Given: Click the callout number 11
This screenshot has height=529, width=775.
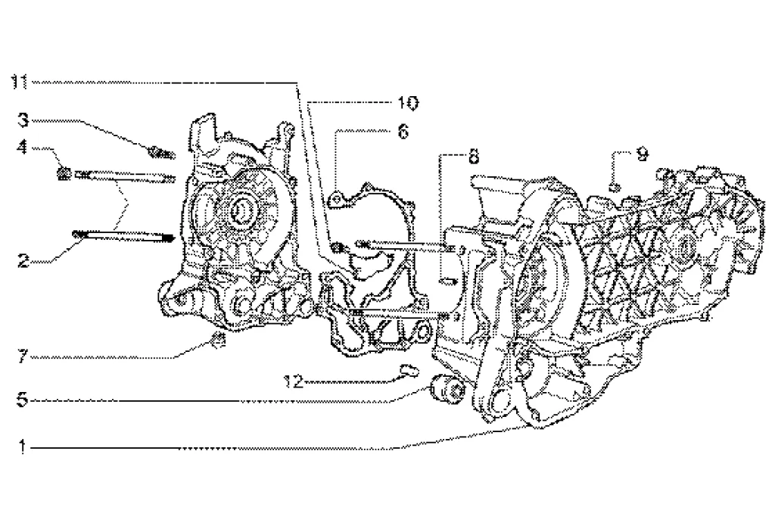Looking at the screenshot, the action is point(20,82).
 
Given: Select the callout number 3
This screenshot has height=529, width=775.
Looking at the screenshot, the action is point(23,120).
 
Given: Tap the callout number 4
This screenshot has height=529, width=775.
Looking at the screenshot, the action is point(22,147).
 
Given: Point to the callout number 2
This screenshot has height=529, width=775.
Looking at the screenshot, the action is point(23,260).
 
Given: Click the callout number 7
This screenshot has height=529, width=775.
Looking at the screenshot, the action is point(23,356).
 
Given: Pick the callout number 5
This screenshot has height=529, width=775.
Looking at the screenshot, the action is point(22,400).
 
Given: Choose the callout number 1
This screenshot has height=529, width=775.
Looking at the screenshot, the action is point(22,447).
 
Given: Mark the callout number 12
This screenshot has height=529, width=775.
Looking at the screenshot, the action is point(294,381).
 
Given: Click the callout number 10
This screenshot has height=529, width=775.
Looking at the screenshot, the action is point(408,103).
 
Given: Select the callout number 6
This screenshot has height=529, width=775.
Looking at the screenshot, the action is point(403,132).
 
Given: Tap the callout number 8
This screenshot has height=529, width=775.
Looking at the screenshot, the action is point(474,157).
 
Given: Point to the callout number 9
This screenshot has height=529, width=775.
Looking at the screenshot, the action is point(642,154).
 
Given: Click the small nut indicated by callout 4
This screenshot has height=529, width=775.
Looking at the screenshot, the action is point(64,173).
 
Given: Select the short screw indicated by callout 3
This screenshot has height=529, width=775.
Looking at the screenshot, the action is point(162,154).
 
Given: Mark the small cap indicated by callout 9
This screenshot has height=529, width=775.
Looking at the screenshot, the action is point(614,187).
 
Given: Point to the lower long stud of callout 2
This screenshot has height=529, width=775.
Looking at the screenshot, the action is point(123,236).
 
